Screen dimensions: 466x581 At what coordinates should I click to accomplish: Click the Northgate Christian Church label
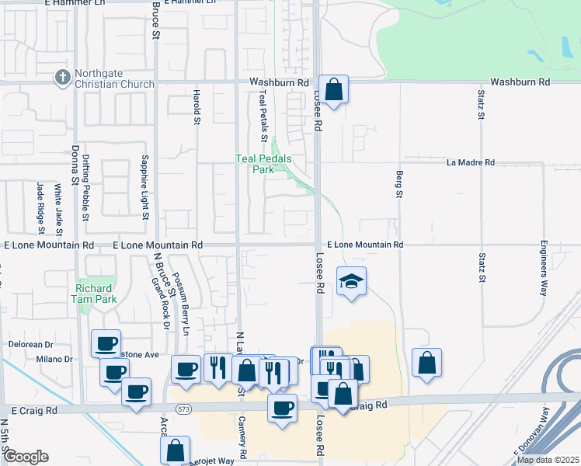pyautogui.click(x=114, y=78)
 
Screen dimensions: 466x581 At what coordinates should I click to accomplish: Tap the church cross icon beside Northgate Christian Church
pyautogui.click(x=61, y=78)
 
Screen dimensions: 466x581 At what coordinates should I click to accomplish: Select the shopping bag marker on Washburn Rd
pyautogui.click(x=333, y=90)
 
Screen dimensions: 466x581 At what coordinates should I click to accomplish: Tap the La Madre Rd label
pyautogui.click(x=471, y=162)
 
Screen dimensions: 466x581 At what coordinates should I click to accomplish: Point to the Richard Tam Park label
pyautogui.click(x=92, y=293)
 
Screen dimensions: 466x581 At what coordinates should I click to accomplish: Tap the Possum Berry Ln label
pyautogui.click(x=182, y=304)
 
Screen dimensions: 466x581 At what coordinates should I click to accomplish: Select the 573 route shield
pyautogui.click(x=183, y=409)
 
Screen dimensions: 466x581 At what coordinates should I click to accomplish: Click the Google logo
pyautogui.click(x=26, y=457)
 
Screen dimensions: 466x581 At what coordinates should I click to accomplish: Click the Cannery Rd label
pyautogui.click(x=244, y=443)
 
